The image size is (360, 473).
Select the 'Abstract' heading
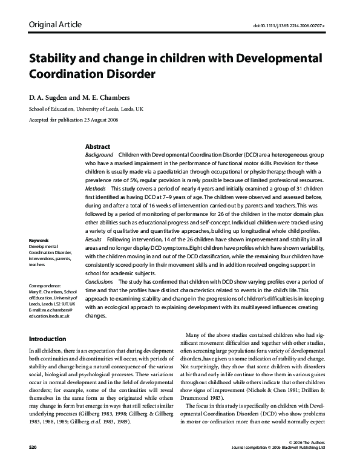[x=97, y=147]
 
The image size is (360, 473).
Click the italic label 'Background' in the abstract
[x=99, y=155]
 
